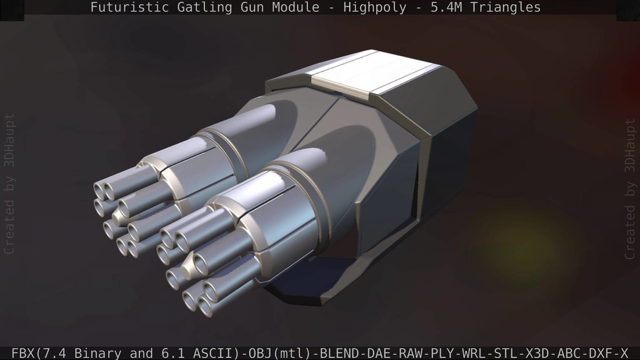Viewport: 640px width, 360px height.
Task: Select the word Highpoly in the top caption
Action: tap(375, 7)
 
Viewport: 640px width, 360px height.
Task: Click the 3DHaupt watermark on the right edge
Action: tap(630, 146)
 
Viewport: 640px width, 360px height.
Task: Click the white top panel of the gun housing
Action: tap(371, 75)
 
